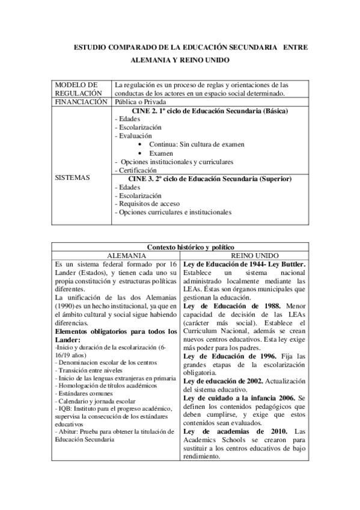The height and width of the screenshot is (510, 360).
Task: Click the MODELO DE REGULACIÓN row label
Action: [x=76, y=89]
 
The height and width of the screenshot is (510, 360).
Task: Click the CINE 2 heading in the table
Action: [x=209, y=111]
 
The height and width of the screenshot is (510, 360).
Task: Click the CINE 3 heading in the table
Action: [x=210, y=179]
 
